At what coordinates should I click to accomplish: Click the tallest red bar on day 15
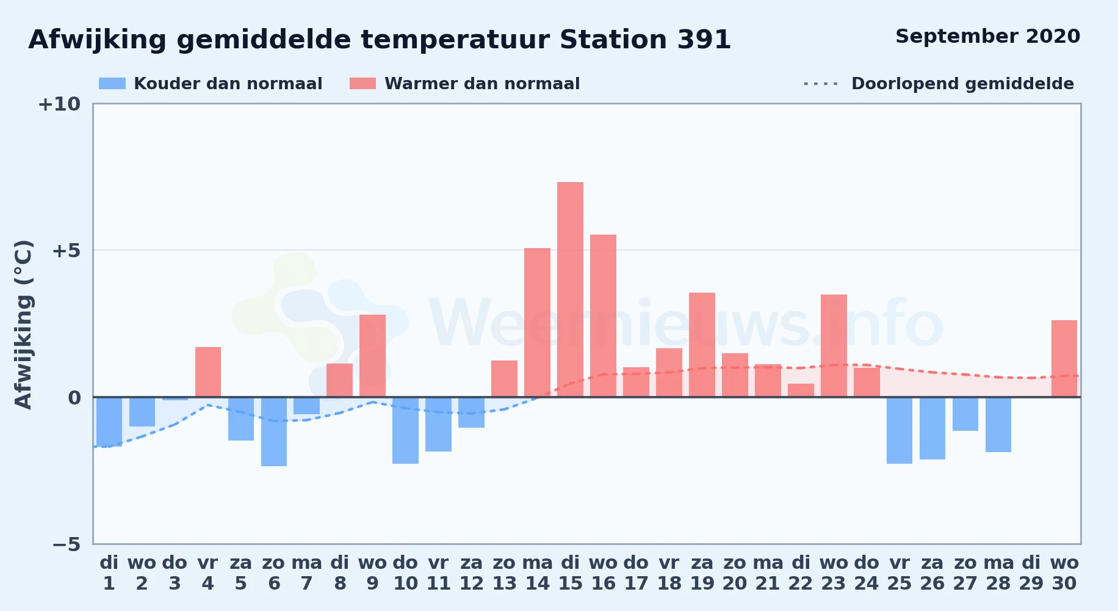(x=570, y=290)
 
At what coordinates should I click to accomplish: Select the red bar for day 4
(x=208, y=372)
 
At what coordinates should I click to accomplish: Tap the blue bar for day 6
(x=274, y=431)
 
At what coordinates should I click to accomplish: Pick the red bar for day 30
(x=1064, y=359)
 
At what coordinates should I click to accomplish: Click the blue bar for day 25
(x=900, y=430)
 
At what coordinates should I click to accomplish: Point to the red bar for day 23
(x=834, y=346)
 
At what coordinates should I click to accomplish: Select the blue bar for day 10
(x=406, y=430)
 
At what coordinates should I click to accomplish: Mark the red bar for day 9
(x=372, y=356)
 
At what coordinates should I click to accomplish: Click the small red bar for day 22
(x=801, y=390)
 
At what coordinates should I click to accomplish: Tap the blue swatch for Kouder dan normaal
(x=112, y=84)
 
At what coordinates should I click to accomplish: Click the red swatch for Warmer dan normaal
(x=363, y=84)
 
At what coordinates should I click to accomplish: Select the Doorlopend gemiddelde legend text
(x=962, y=84)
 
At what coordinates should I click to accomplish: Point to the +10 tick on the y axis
(x=59, y=104)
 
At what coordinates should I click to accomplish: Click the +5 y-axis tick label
(x=66, y=251)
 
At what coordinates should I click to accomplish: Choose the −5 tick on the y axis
(x=66, y=544)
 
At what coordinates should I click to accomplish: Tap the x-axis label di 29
(x=1031, y=573)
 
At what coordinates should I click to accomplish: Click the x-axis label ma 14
(x=538, y=573)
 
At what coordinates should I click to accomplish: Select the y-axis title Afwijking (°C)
(x=23, y=324)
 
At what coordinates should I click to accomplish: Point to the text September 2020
(x=988, y=37)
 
